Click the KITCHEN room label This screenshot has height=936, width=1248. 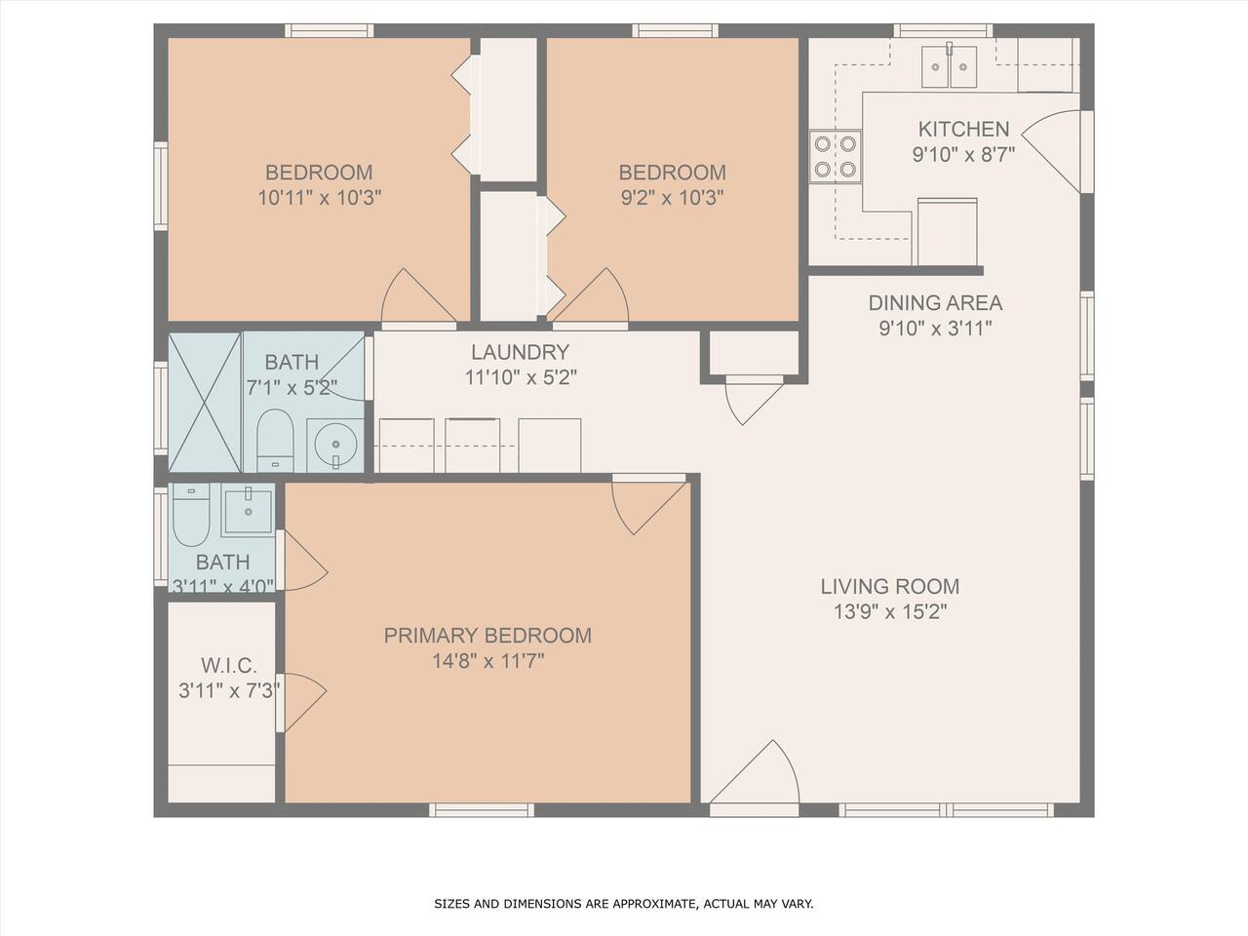coord(963,129)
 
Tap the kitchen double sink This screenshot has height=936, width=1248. coord(949,66)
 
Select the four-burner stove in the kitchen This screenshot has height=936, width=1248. coord(836,156)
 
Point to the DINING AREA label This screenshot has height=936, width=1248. coord(935,303)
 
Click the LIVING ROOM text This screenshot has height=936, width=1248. coord(890,587)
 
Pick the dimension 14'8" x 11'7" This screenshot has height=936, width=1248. coord(487,661)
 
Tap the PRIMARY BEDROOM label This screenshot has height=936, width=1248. coord(487,636)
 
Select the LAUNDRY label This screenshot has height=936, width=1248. coord(521,352)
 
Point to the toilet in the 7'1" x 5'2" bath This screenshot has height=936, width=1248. coord(275,440)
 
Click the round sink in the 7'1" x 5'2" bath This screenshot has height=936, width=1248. coord(334,445)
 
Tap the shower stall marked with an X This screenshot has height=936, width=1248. coord(205,403)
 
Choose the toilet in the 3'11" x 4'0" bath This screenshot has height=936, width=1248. coord(191,515)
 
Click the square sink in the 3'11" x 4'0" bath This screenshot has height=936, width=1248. coord(248,511)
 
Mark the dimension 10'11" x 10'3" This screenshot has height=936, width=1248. coord(320,198)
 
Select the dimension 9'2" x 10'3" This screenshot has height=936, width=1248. coord(672,198)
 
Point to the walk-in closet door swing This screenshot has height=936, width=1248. coord(305,702)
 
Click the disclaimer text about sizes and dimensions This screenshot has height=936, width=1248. coord(624,903)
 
